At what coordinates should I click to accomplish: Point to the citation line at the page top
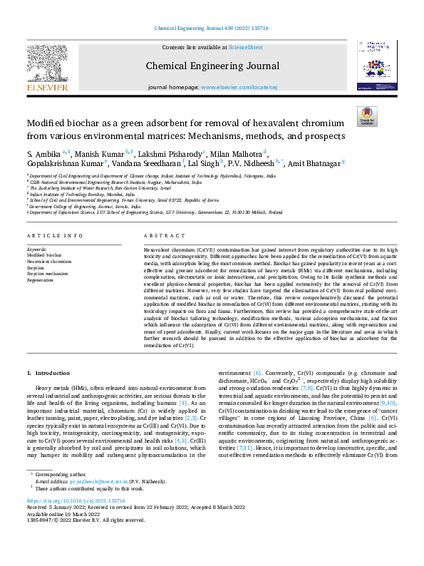pyautogui.click(x=212, y=29)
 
